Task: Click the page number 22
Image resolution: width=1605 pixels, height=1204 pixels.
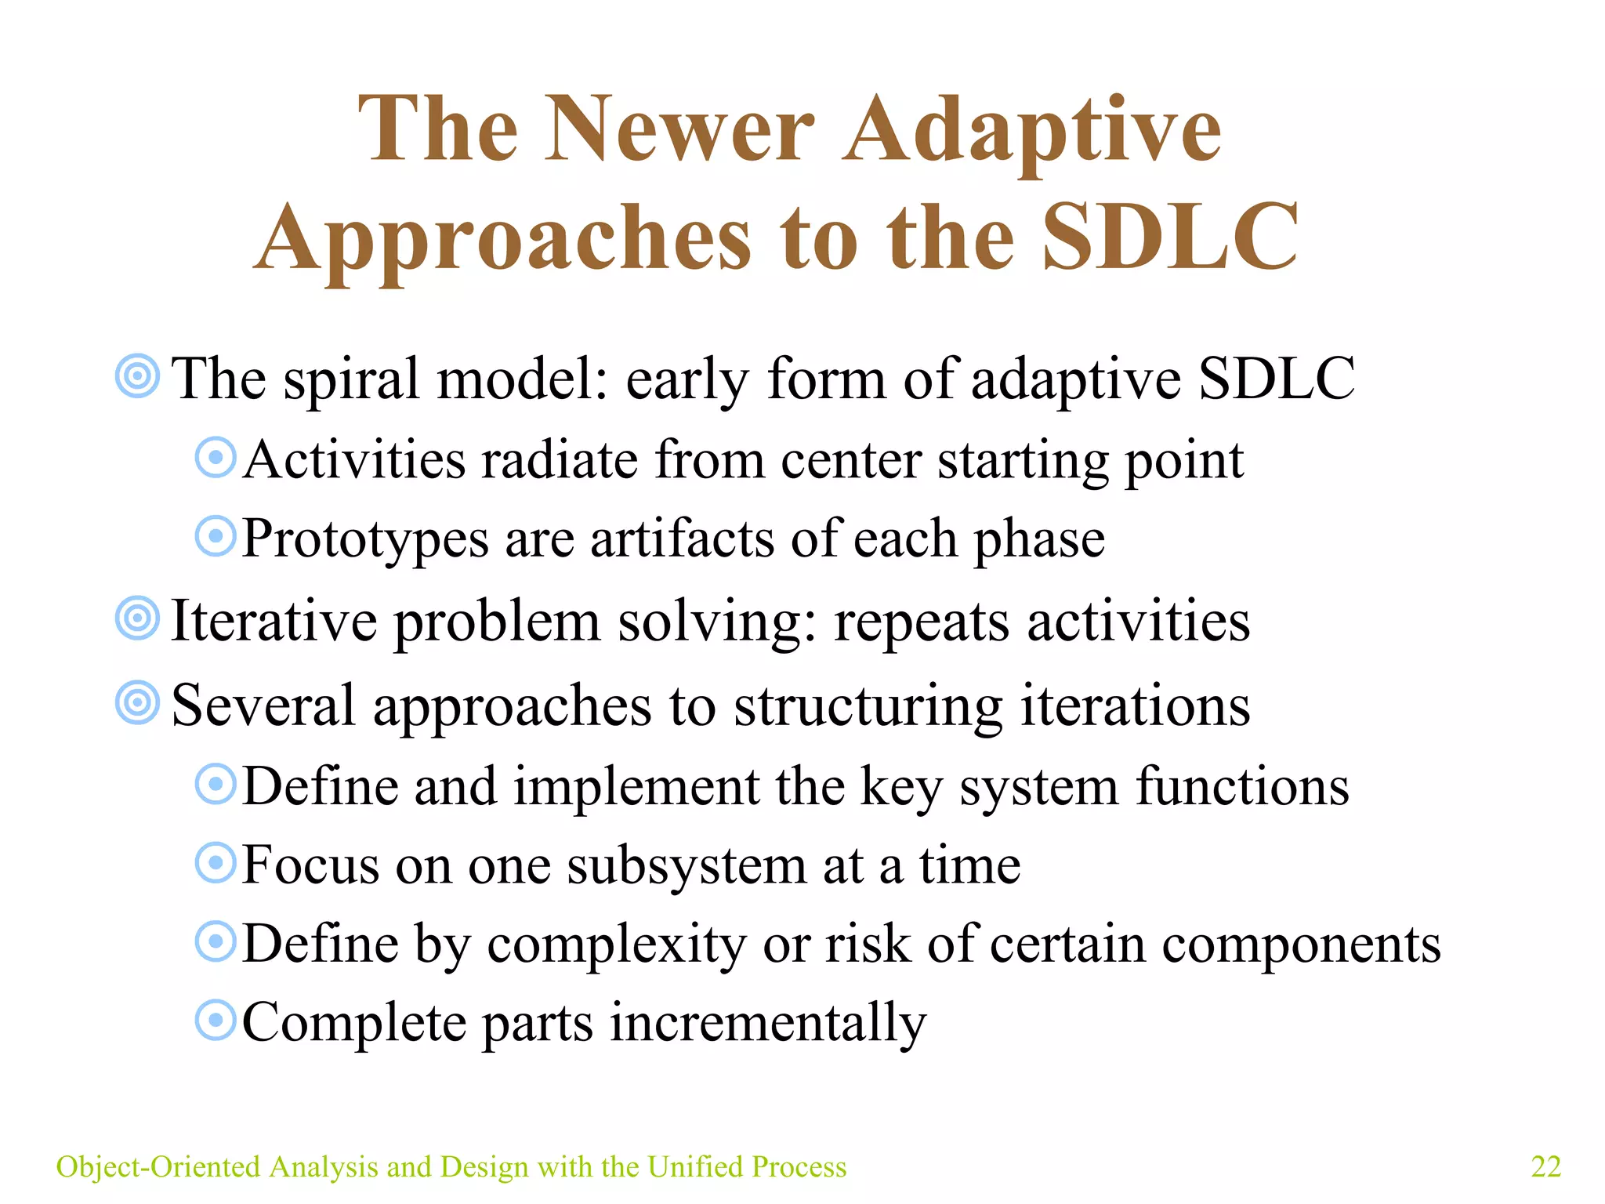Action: pyautogui.click(x=1545, y=1166)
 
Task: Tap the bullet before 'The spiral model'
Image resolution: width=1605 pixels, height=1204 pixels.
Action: pyautogui.click(x=137, y=377)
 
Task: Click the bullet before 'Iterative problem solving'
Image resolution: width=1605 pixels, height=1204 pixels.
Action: pyautogui.click(x=137, y=618)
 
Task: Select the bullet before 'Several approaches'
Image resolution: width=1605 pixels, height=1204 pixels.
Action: pyautogui.click(x=137, y=702)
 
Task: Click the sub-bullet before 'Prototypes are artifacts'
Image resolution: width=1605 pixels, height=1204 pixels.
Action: pyautogui.click(x=215, y=537)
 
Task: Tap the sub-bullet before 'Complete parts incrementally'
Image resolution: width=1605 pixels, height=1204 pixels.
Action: pyautogui.click(x=215, y=1020)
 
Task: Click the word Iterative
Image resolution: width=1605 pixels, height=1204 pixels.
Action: pyautogui.click(x=274, y=620)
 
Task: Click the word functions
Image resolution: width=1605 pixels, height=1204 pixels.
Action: pyautogui.click(x=1242, y=786)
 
